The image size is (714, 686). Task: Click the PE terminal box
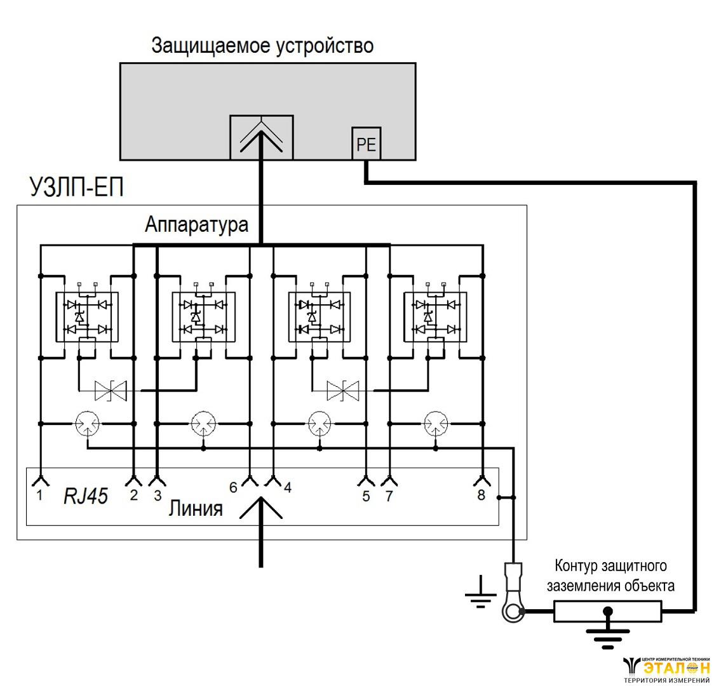coord(367,145)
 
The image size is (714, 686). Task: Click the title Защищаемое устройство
coord(262,46)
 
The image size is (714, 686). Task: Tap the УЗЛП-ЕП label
coord(76,189)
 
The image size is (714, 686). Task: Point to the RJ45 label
coord(85,496)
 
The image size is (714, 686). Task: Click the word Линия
coord(196,509)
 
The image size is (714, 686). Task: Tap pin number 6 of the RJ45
coord(233,487)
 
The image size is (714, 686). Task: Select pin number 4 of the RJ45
coord(288,488)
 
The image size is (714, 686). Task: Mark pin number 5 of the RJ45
coord(366,496)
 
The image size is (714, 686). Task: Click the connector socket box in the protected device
coord(261,136)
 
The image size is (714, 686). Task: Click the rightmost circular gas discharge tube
coord(436,422)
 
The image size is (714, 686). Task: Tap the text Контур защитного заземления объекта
coord(610,575)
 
